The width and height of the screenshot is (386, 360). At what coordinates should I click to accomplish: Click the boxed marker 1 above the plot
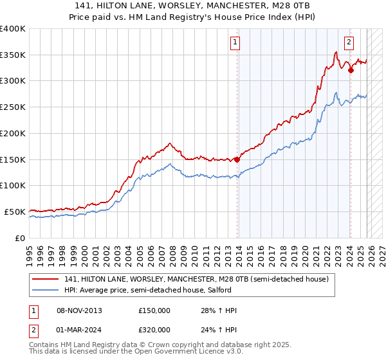tap(235, 43)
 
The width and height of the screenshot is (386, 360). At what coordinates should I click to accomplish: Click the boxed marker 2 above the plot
tap(349, 43)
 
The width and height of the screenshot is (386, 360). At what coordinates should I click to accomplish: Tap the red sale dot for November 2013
tap(237, 159)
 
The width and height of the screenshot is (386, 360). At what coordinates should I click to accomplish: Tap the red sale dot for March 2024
tap(351, 70)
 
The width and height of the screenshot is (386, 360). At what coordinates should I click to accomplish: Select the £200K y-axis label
tap(13, 133)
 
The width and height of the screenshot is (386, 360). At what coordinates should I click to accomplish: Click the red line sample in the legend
tap(46, 279)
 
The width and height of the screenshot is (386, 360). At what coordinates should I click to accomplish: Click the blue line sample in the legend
tap(46, 290)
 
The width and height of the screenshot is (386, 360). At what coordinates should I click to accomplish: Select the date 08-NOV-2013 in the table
tap(79, 310)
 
